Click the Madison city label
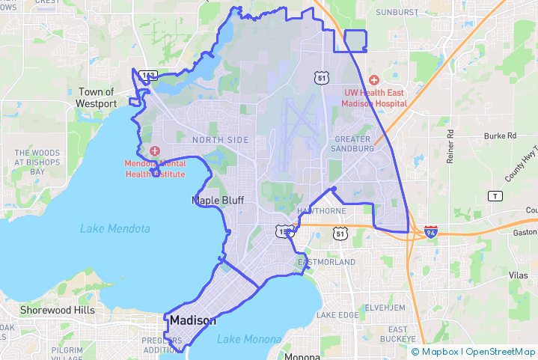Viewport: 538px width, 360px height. (x=192, y=320)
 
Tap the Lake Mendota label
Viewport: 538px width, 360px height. (x=114, y=228)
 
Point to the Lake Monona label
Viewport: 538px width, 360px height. (x=249, y=340)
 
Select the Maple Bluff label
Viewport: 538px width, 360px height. (x=218, y=201)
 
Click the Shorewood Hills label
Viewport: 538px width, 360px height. (x=58, y=310)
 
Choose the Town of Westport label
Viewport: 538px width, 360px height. (x=96, y=98)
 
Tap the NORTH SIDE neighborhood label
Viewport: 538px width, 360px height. (x=220, y=140)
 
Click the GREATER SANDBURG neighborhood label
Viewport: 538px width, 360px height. (x=354, y=144)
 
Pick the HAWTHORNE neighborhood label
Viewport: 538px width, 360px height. (x=322, y=211)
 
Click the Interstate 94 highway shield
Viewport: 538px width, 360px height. (x=430, y=231)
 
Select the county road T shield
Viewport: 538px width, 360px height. (x=494, y=196)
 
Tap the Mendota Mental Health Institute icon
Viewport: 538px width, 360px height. (x=155, y=151)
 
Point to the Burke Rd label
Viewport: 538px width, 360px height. (x=500, y=136)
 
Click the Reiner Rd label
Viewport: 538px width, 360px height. (x=450, y=147)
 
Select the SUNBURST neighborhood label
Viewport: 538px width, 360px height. (x=397, y=13)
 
